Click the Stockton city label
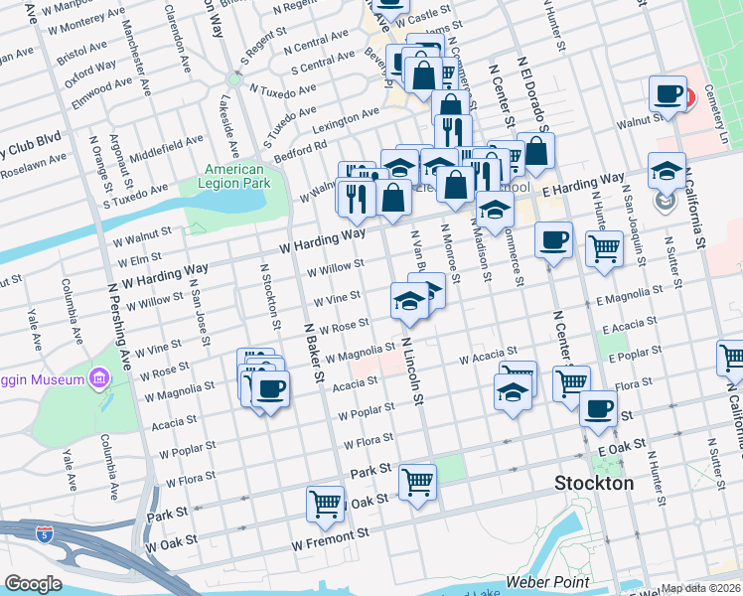pos(593,484)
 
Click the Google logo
pos(33,583)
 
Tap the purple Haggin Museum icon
pos(98,378)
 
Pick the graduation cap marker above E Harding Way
pos(668,170)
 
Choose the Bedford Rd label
pos(301,147)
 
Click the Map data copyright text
pos(700,588)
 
